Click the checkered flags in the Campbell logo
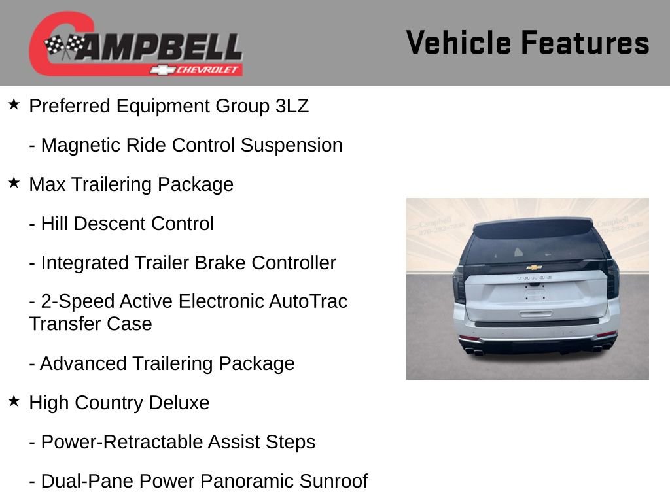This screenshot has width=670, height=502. pyautogui.click(x=64, y=46)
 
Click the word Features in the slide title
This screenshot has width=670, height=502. pyautogui.click(x=585, y=43)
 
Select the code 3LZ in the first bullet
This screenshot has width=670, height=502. pyautogui.click(x=292, y=106)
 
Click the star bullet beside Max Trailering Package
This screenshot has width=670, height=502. pyautogui.click(x=14, y=183)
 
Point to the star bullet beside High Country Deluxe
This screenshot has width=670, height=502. pyautogui.click(x=14, y=401)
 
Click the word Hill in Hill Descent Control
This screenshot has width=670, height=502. pyautogui.click(x=54, y=224)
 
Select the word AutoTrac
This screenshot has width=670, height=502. pyautogui.click(x=308, y=301)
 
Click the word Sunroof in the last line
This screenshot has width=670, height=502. pyautogui.click(x=334, y=481)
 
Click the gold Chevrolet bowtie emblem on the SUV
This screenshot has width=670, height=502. pyautogui.click(x=534, y=267)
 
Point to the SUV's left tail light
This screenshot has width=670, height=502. pyautogui.click(x=459, y=284)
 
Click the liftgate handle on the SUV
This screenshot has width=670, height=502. pyautogui.click(x=535, y=313)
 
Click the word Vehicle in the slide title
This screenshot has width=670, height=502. pyautogui.click(x=459, y=43)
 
